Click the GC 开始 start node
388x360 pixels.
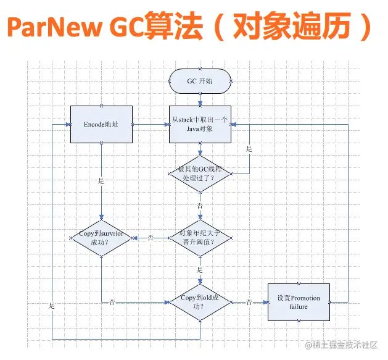tap(200, 81)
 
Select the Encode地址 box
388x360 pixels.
tap(101, 124)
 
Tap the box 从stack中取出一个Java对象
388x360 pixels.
tap(200, 124)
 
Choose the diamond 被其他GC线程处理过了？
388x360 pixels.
tap(200, 174)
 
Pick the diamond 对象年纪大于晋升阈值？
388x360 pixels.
tap(200, 238)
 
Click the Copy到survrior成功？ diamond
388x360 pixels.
tap(101, 238)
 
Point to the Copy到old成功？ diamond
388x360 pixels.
tap(200, 302)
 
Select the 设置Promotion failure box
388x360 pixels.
tap(299, 302)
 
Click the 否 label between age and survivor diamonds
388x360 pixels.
tap(151, 238)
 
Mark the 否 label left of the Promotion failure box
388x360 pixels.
tap(249, 302)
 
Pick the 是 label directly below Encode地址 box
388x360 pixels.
tap(101, 182)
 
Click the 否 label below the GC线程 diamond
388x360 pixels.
tap(200, 205)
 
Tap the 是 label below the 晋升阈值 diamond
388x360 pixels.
tap(200, 270)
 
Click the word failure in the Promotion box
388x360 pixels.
tap(299, 307)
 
